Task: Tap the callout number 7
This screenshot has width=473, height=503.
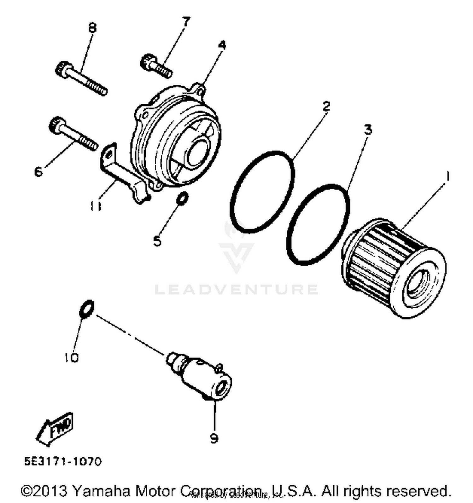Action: click(186, 22)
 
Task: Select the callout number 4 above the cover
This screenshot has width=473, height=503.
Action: click(222, 45)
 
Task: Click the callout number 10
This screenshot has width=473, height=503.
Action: click(71, 357)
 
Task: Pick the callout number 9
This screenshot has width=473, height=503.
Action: click(214, 438)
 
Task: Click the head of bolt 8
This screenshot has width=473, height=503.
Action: click(61, 68)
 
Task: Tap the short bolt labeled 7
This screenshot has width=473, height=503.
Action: click(156, 66)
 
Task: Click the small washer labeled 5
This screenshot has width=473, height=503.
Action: click(183, 198)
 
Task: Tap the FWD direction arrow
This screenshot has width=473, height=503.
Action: click(55, 429)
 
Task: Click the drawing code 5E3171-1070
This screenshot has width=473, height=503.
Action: click(63, 462)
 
